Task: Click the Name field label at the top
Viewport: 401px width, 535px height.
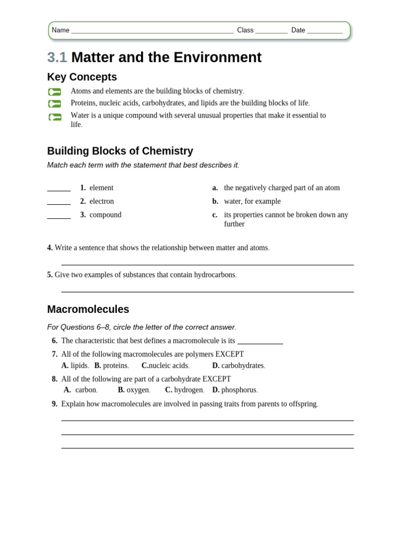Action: click(x=61, y=30)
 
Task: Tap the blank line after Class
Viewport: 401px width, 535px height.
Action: click(x=271, y=32)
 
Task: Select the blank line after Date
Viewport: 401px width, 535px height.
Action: click(x=325, y=32)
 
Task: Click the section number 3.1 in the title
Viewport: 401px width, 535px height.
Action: click(x=57, y=57)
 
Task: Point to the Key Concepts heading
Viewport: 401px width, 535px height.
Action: click(x=82, y=77)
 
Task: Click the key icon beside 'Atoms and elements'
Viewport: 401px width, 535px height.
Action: click(x=55, y=92)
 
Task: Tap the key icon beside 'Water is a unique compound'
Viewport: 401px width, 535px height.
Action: click(x=55, y=117)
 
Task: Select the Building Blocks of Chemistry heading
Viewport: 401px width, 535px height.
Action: click(x=120, y=151)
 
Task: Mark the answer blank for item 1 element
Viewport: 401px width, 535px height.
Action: click(x=59, y=190)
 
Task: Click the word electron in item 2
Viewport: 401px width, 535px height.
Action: click(x=101, y=201)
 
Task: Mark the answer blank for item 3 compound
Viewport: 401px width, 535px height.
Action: click(x=59, y=217)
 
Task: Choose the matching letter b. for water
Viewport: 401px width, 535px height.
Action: click(x=215, y=201)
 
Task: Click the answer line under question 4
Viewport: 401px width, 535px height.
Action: click(x=207, y=264)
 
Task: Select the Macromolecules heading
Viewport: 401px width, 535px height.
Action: click(x=88, y=309)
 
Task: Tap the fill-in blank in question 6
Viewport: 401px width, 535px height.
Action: click(x=260, y=342)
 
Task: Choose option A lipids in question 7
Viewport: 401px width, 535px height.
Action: click(x=75, y=366)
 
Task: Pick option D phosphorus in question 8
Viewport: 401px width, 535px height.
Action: click(x=234, y=390)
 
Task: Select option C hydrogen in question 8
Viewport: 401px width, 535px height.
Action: click(x=184, y=390)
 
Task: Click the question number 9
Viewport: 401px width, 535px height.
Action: click(x=54, y=404)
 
